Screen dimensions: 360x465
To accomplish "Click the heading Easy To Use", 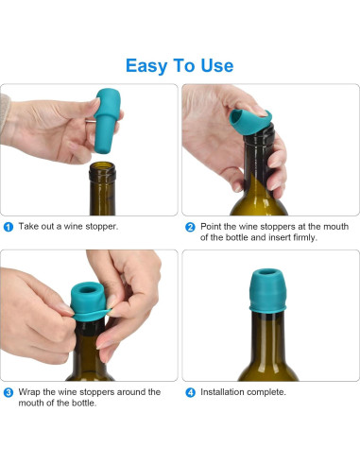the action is tap(180, 66).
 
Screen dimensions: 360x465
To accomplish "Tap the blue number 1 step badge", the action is tap(9, 227).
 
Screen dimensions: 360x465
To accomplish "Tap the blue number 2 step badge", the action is tap(190, 227).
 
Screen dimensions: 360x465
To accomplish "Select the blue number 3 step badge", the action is tap(9, 393).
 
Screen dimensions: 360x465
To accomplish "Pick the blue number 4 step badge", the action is tap(190, 393).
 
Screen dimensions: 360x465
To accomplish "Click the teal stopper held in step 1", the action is tap(107, 121).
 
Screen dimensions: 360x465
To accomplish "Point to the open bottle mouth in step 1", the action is tap(102, 166).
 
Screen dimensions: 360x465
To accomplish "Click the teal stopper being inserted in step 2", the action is tap(250, 122).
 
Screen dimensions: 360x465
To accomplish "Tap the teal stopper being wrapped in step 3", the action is tap(88, 301).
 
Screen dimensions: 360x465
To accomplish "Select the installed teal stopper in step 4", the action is tap(267, 290).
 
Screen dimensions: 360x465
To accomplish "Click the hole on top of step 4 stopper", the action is tap(267, 272).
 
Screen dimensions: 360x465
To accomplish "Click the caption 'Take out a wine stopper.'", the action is tap(68, 227).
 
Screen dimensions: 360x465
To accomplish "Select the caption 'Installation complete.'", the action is tap(243, 392).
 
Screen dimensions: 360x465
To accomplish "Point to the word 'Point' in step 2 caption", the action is tap(211, 227).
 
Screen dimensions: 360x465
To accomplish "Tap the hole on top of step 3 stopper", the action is tap(89, 289).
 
